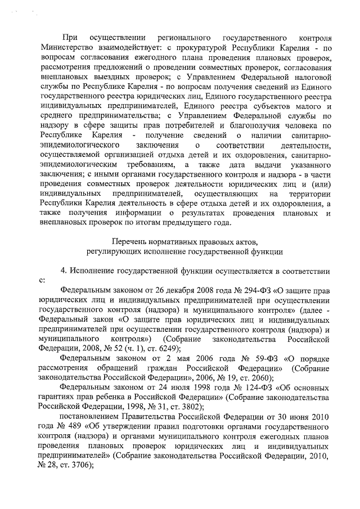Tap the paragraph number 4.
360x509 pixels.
(x=64, y=271)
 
